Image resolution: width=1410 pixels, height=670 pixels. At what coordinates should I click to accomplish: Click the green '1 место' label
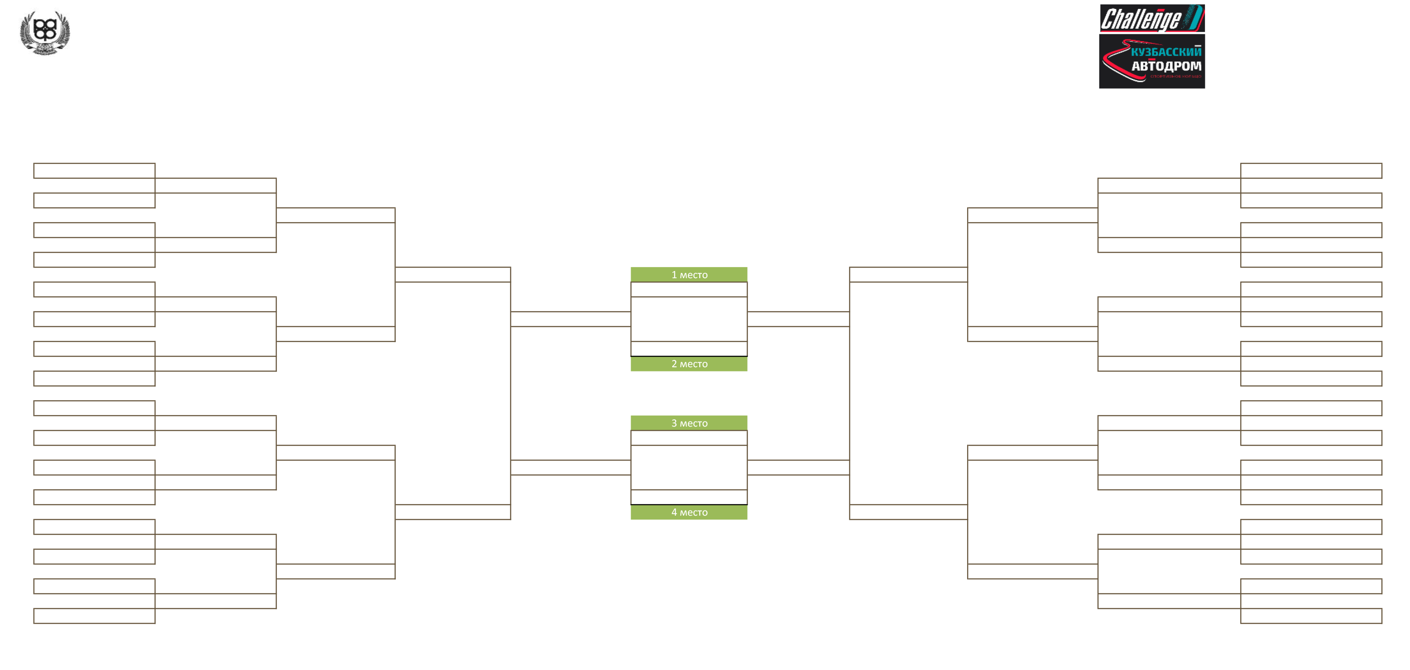(x=689, y=274)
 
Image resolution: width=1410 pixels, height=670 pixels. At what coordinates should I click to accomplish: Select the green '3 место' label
(x=689, y=423)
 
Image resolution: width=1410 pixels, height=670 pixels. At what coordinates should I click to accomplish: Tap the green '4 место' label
(x=689, y=512)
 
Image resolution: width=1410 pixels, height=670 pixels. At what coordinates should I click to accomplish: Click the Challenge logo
(x=1152, y=19)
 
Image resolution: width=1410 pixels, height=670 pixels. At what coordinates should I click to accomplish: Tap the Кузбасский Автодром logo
(x=1152, y=61)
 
